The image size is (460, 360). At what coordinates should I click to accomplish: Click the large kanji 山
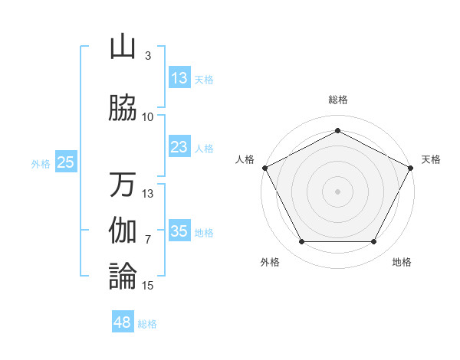click(123, 47)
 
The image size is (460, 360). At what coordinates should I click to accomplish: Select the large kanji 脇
click(123, 108)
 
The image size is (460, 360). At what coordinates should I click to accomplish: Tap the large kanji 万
click(123, 185)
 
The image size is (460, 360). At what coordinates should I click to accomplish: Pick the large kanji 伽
click(123, 230)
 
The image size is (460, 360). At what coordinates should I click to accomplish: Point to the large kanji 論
click(123, 276)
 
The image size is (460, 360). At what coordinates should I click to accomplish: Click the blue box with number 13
click(179, 78)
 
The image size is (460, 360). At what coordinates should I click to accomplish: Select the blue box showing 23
click(179, 147)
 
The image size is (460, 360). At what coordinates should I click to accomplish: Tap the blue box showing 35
click(179, 231)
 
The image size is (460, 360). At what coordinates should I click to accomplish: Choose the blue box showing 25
click(65, 162)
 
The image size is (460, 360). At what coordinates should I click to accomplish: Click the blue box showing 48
click(122, 322)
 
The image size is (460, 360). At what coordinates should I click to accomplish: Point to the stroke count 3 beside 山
click(147, 56)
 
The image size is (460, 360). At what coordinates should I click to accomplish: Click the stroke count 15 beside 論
click(148, 286)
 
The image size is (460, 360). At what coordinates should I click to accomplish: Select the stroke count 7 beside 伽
click(147, 240)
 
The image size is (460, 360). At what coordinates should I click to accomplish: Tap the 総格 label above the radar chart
click(337, 100)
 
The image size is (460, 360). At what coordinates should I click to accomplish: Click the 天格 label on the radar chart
click(431, 159)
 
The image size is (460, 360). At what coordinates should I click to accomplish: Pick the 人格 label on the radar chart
click(245, 159)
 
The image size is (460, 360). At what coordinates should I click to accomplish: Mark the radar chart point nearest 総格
click(337, 130)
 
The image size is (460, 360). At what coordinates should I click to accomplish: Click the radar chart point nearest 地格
click(374, 242)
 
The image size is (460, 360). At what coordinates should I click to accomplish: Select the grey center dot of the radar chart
click(337, 191)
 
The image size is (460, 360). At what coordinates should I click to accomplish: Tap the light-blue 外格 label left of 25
click(41, 163)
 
